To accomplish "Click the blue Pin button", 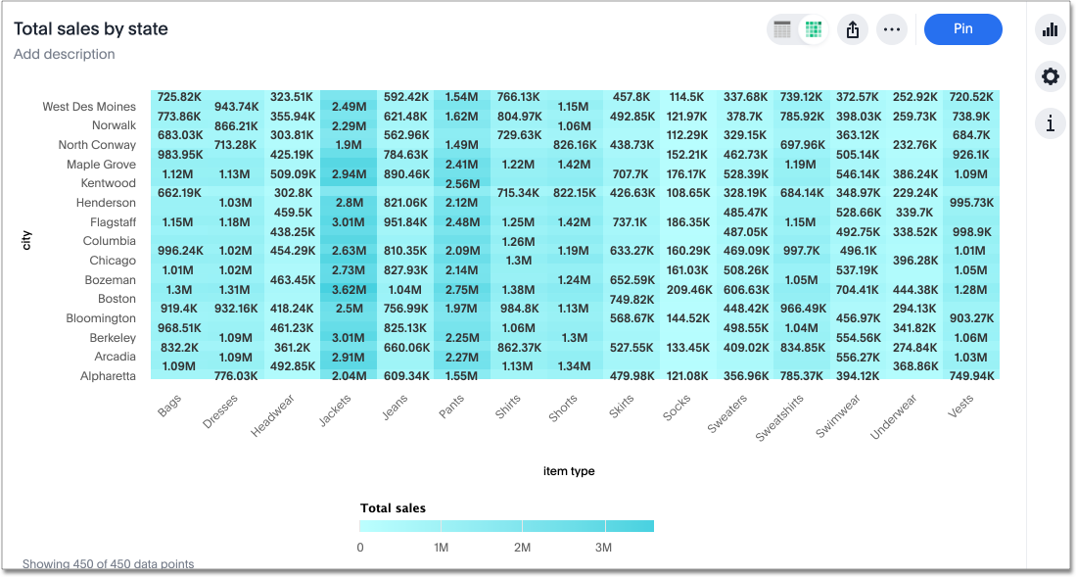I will [x=962, y=29].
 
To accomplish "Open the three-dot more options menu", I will [x=891, y=29].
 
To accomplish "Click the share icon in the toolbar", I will [x=852, y=29].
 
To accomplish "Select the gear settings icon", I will [x=1051, y=76].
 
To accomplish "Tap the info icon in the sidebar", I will [x=1051, y=123].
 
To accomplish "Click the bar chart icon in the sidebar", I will [x=1051, y=29].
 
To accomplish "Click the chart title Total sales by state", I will [x=91, y=29].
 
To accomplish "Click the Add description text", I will [x=65, y=54].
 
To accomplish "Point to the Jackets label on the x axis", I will [x=335, y=411].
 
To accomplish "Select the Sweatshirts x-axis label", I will [x=779, y=418].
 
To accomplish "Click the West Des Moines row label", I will [x=89, y=107].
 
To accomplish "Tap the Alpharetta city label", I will [x=109, y=376].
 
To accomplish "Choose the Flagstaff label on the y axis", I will [x=113, y=222].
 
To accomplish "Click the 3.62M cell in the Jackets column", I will [x=349, y=290].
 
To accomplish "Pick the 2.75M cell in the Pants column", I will [x=461, y=290].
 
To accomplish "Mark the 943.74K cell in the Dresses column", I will [x=236, y=107].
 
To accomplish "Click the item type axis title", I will [x=569, y=471].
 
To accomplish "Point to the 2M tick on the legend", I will [x=522, y=548].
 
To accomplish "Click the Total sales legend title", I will [x=393, y=508].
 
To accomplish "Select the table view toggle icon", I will [x=782, y=29].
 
